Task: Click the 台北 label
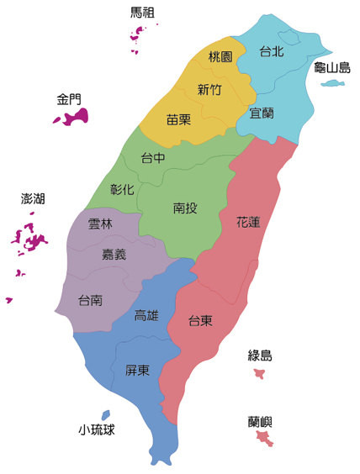click(x=271, y=51)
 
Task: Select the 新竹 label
click(x=209, y=89)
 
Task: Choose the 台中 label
click(x=152, y=157)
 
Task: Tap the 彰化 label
click(x=122, y=189)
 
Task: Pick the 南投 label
click(x=185, y=208)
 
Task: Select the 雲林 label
click(x=100, y=224)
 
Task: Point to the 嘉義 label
click(x=114, y=255)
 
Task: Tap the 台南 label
click(x=90, y=299)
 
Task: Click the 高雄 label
click(x=146, y=316)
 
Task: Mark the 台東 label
click(x=199, y=320)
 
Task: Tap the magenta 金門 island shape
click(x=71, y=118)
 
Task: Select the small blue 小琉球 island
click(x=105, y=414)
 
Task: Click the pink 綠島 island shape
click(x=260, y=372)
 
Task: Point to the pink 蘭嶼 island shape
click(x=262, y=437)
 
